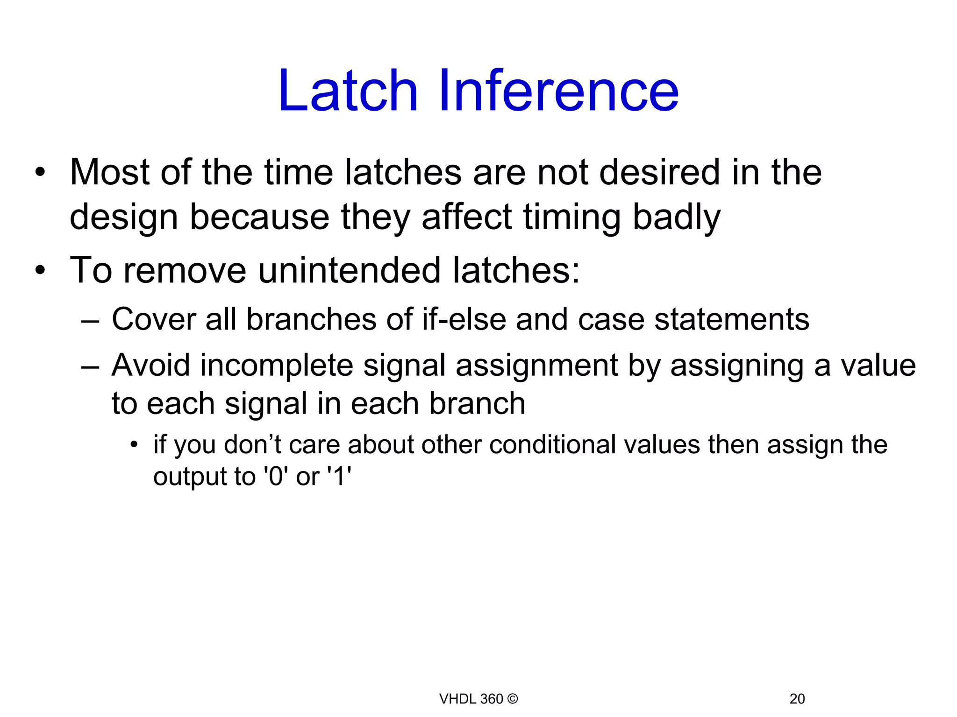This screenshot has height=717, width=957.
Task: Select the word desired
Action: coord(660,172)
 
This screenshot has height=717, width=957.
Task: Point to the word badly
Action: coord(676,218)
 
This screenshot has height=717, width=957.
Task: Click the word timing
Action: coord(572,218)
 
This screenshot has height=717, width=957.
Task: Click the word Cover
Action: coord(154,320)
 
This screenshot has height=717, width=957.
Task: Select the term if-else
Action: coord(464,320)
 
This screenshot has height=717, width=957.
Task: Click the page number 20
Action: coord(797,699)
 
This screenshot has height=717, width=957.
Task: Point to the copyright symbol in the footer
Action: coord(513,699)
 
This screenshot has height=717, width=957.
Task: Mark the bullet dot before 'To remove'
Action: coord(41,270)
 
